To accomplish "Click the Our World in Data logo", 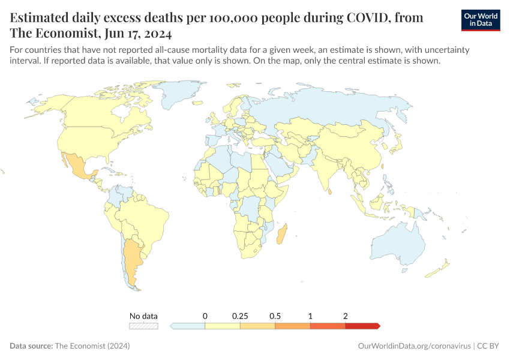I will point(481,20).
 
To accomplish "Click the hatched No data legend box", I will point(144,326).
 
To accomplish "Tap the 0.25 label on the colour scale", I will point(240,316).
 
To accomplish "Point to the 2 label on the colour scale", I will point(346,316).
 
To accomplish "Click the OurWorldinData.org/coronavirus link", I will point(414,346).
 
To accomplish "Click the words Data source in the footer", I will point(31,346).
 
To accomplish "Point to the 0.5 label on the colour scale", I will point(275,316).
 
